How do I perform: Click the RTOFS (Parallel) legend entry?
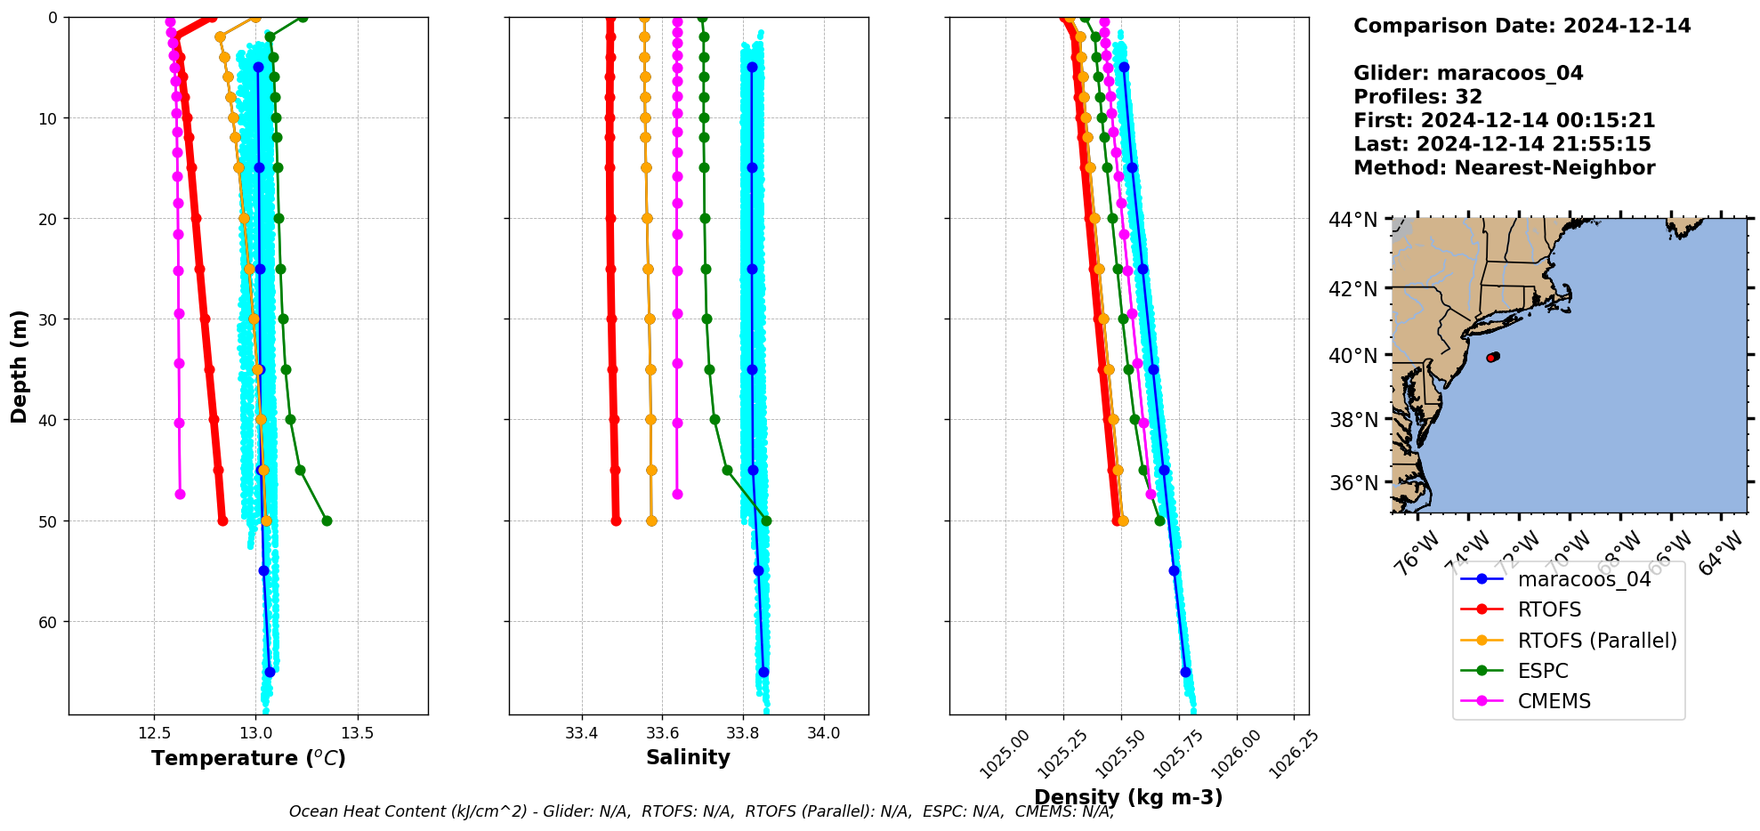pyautogui.click(x=1596, y=641)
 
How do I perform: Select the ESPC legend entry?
pyautogui.click(x=1543, y=671)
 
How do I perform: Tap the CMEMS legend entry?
pyautogui.click(x=1554, y=701)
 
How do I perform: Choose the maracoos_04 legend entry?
pyautogui.click(x=1584, y=580)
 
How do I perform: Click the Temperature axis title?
pyautogui.click(x=248, y=758)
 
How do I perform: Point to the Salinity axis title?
pyautogui.click(x=688, y=757)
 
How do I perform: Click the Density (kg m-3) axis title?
pyautogui.click(x=1128, y=797)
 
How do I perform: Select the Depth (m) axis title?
pyautogui.click(x=20, y=366)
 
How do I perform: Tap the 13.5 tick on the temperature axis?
pyautogui.click(x=358, y=734)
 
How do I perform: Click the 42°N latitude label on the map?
pyautogui.click(x=1352, y=288)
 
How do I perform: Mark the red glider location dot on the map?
pyautogui.click(x=1492, y=358)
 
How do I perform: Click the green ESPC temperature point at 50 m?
pyautogui.click(x=327, y=520)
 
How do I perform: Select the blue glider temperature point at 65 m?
pyautogui.click(x=270, y=672)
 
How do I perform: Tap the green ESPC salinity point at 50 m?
pyautogui.click(x=767, y=520)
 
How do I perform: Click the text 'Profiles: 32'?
pyautogui.click(x=1417, y=97)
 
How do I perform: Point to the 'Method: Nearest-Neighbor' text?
pyautogui.click(x=1504, y=168)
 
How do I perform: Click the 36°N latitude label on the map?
pyautogui.click(x=1352, y=483)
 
